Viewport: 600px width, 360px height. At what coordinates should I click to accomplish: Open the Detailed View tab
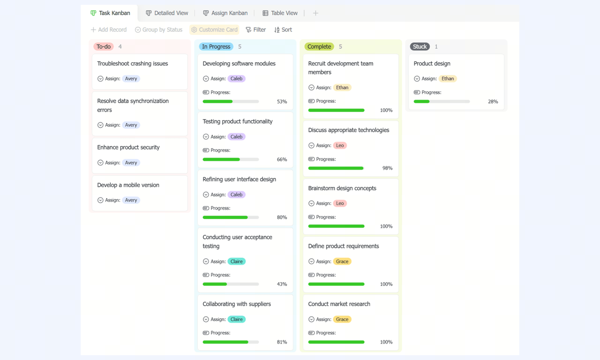[x=167, y=13]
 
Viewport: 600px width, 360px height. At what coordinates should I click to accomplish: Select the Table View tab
[x=280, y=13]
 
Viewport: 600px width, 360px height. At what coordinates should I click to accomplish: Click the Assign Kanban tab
[x=225, y=13]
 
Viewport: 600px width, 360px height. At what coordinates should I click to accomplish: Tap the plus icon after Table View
[x=315, y=13]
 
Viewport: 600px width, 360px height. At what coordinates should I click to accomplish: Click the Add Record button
[x=109, y=30]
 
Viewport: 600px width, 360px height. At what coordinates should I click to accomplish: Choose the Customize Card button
[x=214, y=30]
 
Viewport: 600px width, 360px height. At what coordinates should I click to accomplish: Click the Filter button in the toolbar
[x=256, y=30]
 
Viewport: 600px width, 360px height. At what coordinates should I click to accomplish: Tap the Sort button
[x=283, y=30]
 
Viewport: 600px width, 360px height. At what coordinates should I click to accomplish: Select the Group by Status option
[x=158, y=30]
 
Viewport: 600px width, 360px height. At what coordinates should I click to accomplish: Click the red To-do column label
[x=104, y=46]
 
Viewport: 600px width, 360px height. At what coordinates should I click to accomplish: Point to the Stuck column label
[x=420, y=46]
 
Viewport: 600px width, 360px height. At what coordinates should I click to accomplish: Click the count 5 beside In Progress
[x=240, y=46]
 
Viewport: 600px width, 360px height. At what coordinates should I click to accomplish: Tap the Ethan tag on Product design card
[x=448, y=78]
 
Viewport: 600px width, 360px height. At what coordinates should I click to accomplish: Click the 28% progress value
[x=493, y=102]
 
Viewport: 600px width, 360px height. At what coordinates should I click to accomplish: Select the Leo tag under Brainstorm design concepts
[x=340, y=203]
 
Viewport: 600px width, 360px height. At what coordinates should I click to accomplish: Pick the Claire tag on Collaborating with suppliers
[x=237, y=319]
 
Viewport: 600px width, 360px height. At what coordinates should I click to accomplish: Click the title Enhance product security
[x=128, y=147]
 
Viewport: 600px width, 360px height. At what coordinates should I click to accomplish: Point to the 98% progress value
[x=387, y=168]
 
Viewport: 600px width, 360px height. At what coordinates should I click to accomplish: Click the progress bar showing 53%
[x=231, y=102]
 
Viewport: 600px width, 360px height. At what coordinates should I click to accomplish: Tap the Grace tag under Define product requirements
[x=342, y=262]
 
